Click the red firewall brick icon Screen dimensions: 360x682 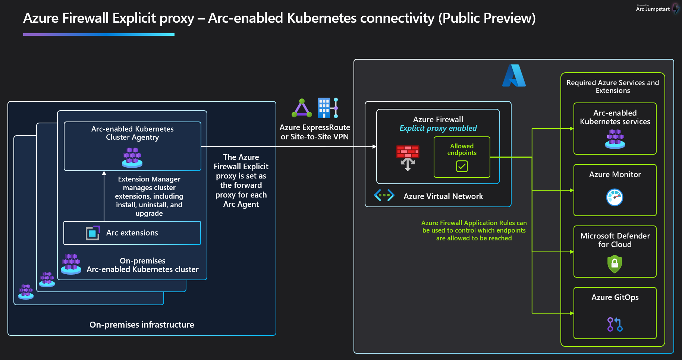coord(408,152)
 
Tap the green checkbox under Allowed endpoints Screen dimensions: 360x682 coord(462,166)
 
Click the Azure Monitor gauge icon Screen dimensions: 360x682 coord(615,197)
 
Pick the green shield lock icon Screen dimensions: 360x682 coord(615,264)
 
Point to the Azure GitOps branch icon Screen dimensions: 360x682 coord(615,324)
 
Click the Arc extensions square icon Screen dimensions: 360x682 coord(93,233)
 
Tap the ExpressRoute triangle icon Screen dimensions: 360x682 coord(302,108)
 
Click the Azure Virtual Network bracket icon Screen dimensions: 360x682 coord(384,195)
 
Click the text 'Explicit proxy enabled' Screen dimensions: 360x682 coord(438,128)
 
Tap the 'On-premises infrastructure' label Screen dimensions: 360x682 coord(142,325)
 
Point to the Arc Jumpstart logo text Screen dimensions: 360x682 coord(653,9)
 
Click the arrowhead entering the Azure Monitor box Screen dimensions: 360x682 coord(572,190)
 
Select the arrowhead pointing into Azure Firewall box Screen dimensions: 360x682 coord(374,146)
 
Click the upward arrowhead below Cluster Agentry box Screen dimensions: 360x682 coord(104,173)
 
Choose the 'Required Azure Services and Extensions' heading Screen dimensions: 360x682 coord(612,86)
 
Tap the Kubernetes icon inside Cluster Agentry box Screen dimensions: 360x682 coord(132,157)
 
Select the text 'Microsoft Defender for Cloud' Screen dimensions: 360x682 coord(615,240)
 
